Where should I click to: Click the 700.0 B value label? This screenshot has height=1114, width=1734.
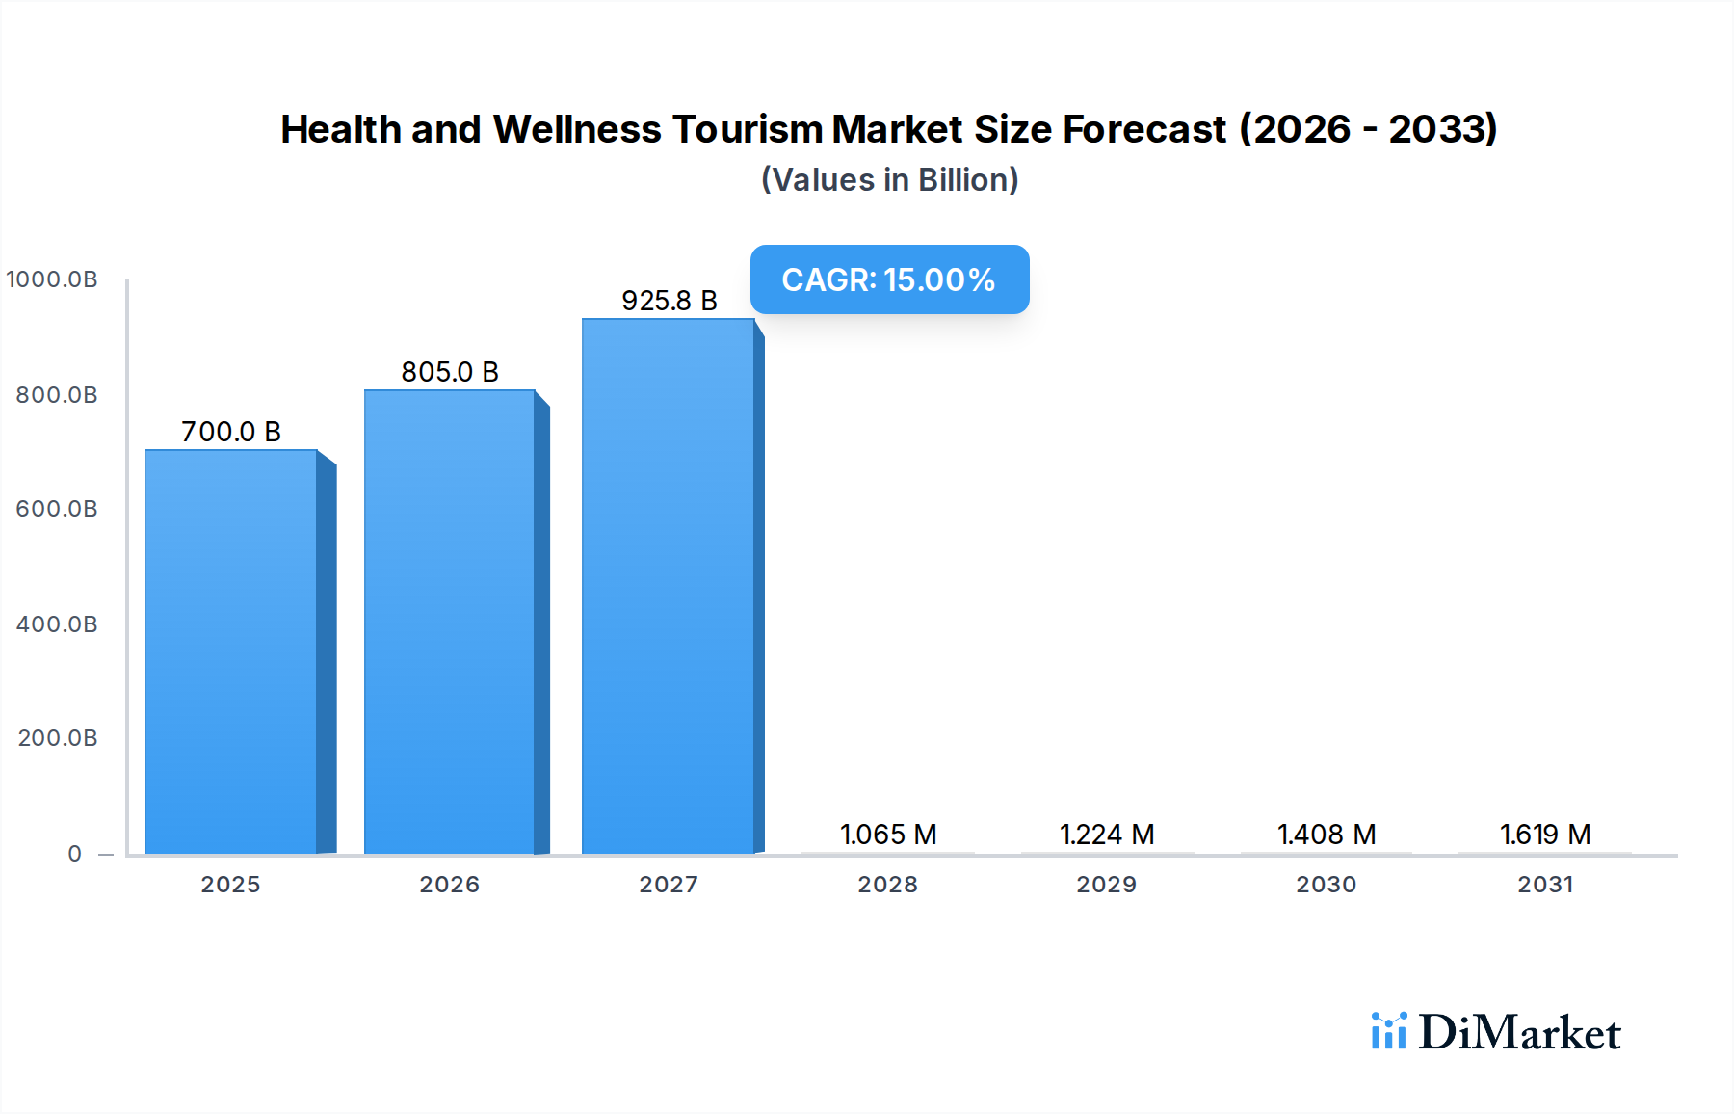click(x=231, y=432)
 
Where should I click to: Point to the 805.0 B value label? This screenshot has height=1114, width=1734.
click(x=450, y=372)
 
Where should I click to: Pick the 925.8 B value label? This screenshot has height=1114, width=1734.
click(x=669, y=301)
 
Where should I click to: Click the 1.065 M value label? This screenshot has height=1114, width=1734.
click(x=888, y=835)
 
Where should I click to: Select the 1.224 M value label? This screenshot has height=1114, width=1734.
click(x=1107, y=835)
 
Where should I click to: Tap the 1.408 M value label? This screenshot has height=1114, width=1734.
click(x=1327, y=835)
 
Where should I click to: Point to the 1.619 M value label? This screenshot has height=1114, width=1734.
click(x=1545, y=835)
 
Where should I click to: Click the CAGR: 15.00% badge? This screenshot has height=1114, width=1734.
click(x=889, y=279)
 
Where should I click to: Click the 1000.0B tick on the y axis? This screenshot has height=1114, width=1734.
click(x=52, y=279)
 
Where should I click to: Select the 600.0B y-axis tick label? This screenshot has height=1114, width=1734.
click(x=57, y=509)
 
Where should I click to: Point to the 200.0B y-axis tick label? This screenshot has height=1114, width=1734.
click(x=58, y=738)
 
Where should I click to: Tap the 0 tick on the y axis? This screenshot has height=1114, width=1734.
click(x=75, y=854)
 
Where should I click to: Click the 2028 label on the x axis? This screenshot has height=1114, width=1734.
click(x=888, y=885)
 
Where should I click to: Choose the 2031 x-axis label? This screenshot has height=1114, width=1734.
click(x=1545, y=885)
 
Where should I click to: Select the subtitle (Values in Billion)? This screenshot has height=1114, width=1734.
click(x=889, y=180)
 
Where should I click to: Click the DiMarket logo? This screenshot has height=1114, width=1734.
click(x=1496, y=1032)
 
